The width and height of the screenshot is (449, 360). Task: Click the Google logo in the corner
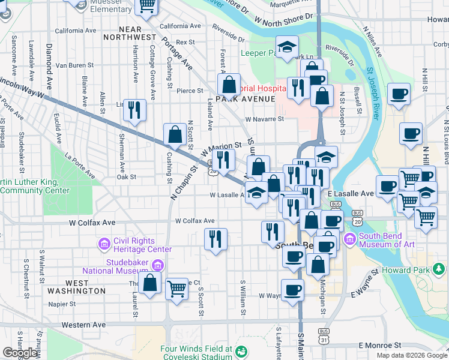[x=20, y=353]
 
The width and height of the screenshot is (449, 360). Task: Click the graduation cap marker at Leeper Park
[x=288, y=47]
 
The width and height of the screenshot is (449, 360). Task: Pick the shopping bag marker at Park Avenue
[x=229, y=85]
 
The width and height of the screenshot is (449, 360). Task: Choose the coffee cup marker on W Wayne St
[x=292, y=290]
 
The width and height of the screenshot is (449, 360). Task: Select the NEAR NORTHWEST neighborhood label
[x=122, y=33]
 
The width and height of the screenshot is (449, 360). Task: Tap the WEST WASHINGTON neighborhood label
[x=85, y=287]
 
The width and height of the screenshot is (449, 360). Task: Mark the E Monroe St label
[x=379, y=346]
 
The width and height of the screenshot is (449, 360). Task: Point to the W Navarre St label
[x=264, y=119]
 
